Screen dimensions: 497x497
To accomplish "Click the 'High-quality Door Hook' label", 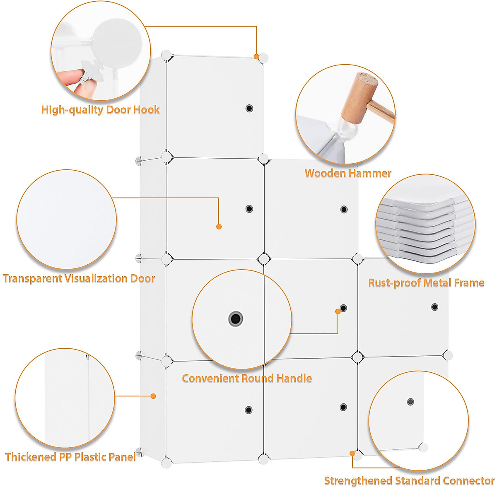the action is [x=100, y=110].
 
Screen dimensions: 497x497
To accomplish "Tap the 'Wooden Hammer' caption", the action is [x=348, y=173].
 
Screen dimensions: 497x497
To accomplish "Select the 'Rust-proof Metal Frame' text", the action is [x=426, y=283].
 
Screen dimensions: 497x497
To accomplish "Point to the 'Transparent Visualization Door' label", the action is [x=79, y=278].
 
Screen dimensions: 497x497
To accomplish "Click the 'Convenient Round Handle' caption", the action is [x=247, y=378].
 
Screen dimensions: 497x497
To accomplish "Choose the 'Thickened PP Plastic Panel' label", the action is [x=70, y=457].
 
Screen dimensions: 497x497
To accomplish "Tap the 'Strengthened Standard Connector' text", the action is [x=409, y=481].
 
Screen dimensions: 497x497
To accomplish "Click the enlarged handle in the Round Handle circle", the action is [x=236, y=318].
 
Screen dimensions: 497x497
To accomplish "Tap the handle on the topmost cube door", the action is [x=249, y=109].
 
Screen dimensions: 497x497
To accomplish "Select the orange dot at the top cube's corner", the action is [x=256, y=56].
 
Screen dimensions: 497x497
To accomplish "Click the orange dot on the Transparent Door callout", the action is [x=219, y=227].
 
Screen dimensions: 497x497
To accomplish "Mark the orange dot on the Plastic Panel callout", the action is [x=153, y=396].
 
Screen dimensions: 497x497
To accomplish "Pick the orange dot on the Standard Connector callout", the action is [x=352, y=454].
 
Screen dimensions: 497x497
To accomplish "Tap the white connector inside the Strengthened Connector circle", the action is [x=423, y=447].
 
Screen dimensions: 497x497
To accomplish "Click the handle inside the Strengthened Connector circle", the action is [x=410, y=402].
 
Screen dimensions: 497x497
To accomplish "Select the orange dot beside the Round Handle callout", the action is [x=338, y=311].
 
